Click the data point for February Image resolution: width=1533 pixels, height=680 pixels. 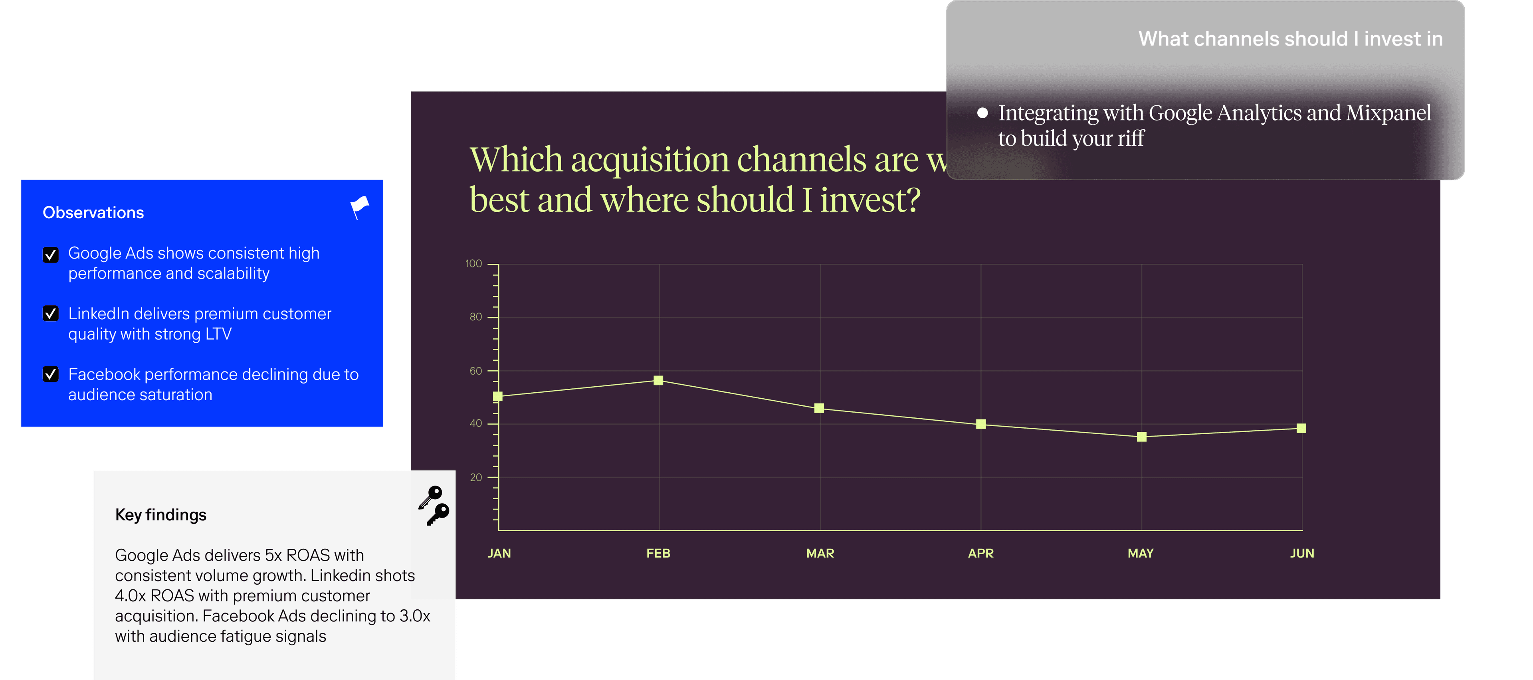coord(658,380)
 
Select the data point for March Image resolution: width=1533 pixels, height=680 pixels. coord(819,408)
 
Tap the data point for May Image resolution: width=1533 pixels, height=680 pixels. coord(1141,437)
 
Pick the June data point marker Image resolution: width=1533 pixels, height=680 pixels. coord(1301,428)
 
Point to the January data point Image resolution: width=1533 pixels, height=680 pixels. coord(498,396)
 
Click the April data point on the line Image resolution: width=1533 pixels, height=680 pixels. coord(981,424)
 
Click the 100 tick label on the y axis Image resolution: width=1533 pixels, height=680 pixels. coord(474,263)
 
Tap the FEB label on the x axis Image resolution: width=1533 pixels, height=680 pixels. coord(658,553)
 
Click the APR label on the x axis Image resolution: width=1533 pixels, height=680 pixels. coord(981,553)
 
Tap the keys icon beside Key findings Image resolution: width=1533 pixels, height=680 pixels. coord(434,506)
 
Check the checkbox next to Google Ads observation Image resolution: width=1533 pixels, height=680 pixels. coord(51,255)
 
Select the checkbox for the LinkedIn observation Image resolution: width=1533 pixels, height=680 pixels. coord(51,314)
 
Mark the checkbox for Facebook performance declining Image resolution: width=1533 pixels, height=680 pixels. coord(51,374)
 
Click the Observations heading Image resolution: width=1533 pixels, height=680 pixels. coord(93,212)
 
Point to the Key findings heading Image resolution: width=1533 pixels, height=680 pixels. coord(160,515)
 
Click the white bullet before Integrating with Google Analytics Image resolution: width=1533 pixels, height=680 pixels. coord(982,113)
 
